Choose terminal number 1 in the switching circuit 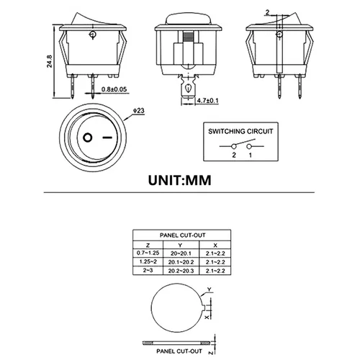click(250, 156)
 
